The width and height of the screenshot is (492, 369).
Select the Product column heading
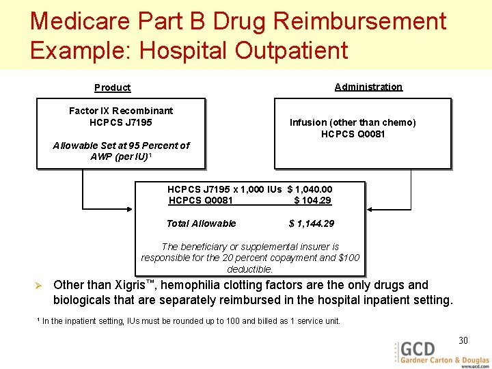click(112, 87)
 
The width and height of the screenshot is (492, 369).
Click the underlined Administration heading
click(368, 87)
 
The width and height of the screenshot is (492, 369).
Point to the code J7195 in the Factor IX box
click(137, 122)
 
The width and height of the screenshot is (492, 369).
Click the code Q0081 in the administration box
click(370, 134)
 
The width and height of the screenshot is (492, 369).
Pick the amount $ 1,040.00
click(310, 189)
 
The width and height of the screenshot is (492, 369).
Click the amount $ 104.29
click(312, 200)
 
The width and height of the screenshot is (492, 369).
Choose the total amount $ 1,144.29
click(312, 223)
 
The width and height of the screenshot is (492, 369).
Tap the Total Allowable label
click(201, 223)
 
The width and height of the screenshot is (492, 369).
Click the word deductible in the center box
click(249, 269)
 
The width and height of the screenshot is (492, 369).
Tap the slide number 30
click(463, 341)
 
